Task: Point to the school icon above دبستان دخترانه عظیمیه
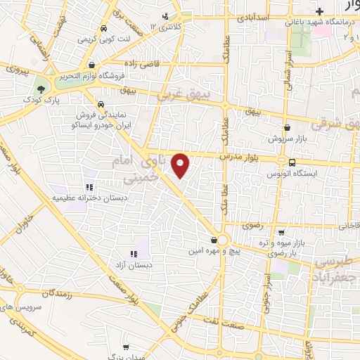pos(89,187)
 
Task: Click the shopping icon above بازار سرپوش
pos(288,128)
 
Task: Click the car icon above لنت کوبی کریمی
pos(103,29)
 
